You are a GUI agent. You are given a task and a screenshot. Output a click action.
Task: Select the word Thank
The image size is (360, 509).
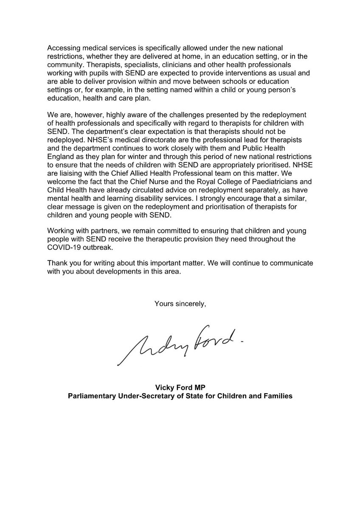57,263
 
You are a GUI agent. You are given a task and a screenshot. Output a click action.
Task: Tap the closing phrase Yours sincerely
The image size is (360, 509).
180,304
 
